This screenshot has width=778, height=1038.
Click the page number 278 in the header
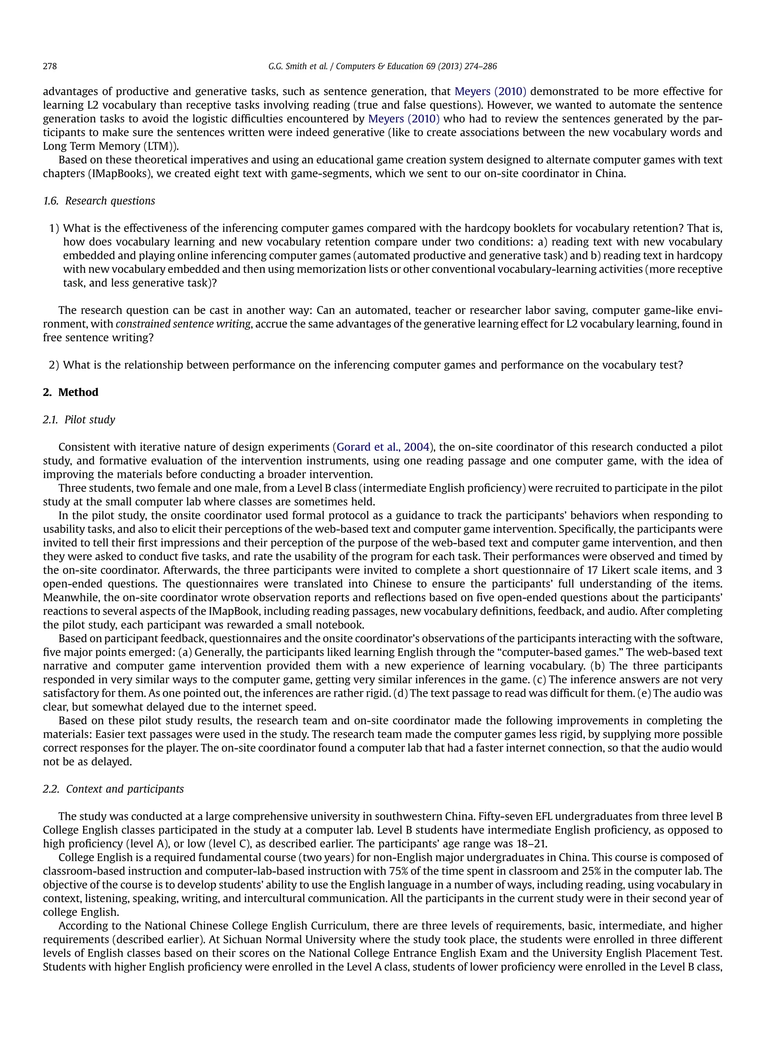(50, 66)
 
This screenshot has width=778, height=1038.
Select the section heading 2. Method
(70, 392)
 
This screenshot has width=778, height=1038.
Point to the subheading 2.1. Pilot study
(79, 420)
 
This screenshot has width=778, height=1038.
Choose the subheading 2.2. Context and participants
(113, 789)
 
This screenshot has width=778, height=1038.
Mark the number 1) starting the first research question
(54, 228)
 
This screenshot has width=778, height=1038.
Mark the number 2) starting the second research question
(54, 365)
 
